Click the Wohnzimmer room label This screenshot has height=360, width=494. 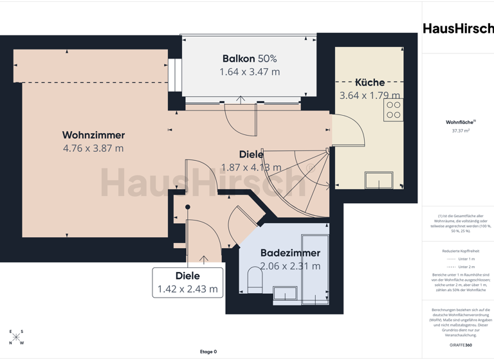93,135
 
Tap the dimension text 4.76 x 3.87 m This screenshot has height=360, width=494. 93,148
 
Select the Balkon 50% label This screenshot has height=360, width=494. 250,59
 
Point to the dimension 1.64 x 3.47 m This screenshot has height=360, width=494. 250,72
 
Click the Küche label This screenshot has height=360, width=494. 370,82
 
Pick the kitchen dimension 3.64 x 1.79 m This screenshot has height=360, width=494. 370,96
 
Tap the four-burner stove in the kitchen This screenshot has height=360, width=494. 393,110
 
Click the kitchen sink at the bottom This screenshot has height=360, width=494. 379,179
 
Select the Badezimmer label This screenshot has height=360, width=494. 290,253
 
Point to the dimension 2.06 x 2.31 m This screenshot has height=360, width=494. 290,266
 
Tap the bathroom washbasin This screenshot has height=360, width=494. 284,294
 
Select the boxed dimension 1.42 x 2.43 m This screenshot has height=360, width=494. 187,289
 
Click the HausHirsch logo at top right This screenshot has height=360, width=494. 458,28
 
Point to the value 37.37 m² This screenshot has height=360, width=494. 461,130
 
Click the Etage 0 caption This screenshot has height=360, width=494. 208,352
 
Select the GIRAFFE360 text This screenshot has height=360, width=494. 460,346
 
